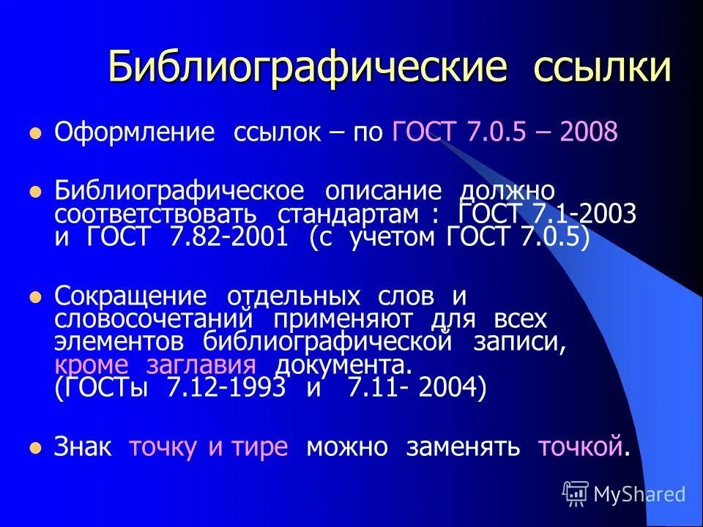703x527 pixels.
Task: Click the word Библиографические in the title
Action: click(x=308, y=67)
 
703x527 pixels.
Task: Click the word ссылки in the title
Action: click(x=602, y=67)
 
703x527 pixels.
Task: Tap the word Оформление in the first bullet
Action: click(x=135, y=133)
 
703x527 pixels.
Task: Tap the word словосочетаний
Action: click(x=154, y=320)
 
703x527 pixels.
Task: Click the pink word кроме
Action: click(x=92, y=365)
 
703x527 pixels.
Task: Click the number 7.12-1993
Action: click(x=226, y=388)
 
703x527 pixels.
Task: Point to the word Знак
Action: click(x=83, y=446)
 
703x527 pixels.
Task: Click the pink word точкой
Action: click(x=581, y=446)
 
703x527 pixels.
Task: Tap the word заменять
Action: click(x=463, y=446)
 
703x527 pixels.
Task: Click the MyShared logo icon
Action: click(x=576, y=494)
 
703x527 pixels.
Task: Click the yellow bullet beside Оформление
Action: click(x=33, y=134)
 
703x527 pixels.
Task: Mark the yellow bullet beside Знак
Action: click(x=33, y=447)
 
